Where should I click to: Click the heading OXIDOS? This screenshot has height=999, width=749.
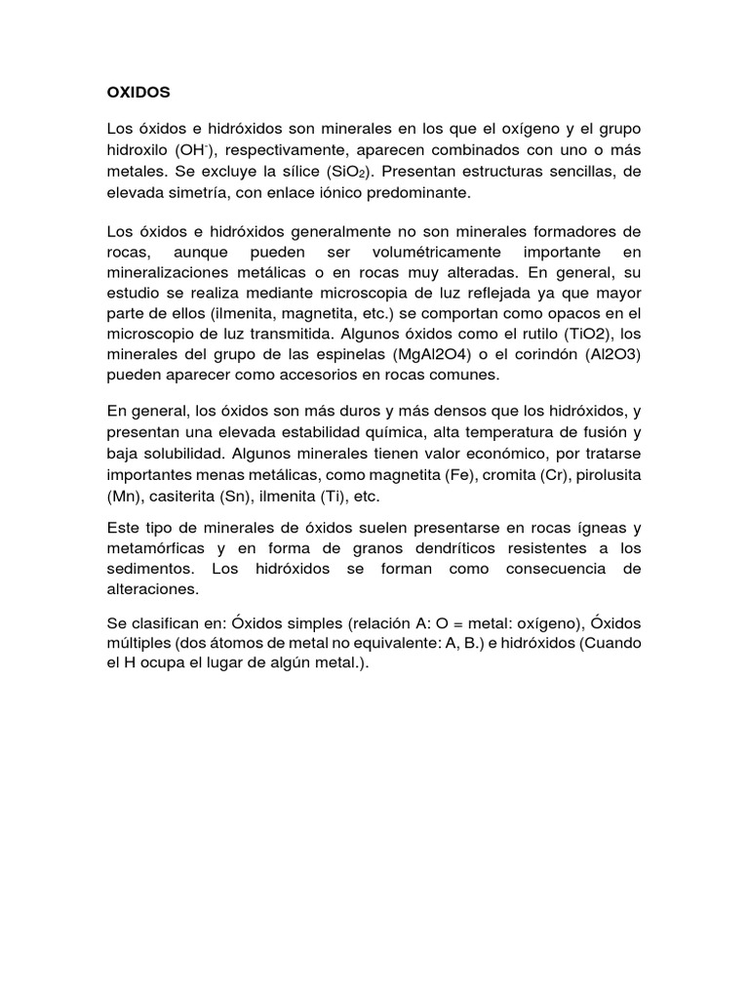138,92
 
